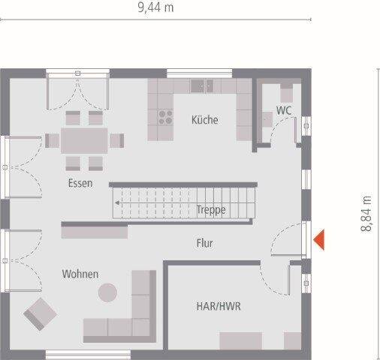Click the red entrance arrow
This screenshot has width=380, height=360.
tap(319, 239)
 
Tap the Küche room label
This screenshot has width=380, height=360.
tap(204, 119)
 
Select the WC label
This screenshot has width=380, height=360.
tap(284, 109)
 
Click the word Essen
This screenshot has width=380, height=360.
tap(80, 183)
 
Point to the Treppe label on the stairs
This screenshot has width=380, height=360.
tap(211, 210)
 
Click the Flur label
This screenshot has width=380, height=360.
tap(204, 243)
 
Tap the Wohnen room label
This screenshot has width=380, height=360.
tap(80, 274)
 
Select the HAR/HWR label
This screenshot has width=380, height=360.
tap(219, 307)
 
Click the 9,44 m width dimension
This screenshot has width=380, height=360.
tap(155, 8)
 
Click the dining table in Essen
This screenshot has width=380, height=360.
tap(84, 140)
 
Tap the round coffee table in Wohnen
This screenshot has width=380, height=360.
tap(108, 292)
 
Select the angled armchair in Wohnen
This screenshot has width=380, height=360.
tap(39, 313)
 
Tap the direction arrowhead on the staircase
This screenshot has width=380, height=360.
tap(117, 202)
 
